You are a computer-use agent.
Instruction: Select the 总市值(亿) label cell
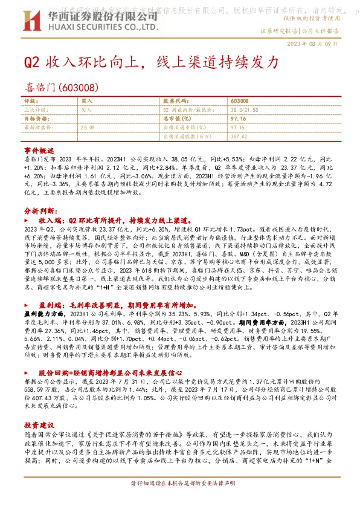click(x=177, y=119)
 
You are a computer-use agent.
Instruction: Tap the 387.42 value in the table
click(x=239, y=136)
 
